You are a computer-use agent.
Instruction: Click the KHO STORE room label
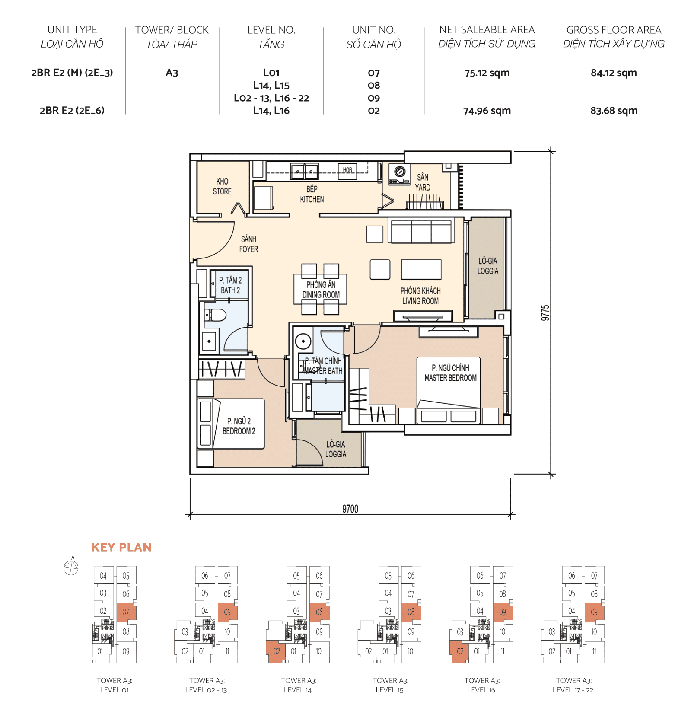[222, 186]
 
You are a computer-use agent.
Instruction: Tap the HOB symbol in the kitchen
[347, 170]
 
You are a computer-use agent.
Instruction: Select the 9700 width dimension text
[350, 509]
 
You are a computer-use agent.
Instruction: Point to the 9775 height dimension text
[545, 312]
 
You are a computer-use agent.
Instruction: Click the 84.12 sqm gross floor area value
[613, 73]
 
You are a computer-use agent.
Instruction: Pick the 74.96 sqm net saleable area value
[487, 111]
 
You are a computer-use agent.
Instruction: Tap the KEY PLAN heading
[121, 547]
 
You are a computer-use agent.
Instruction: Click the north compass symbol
[71, 567]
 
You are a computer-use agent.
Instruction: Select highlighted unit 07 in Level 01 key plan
[126, 612]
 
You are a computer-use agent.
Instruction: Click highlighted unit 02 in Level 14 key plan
[277, 651]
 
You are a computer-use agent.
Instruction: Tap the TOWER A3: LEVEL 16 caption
[481, 685]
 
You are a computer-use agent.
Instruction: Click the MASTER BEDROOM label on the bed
[450, 373]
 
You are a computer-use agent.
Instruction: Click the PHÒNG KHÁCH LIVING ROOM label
[420, 296]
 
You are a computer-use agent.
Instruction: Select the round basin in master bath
[303, 341]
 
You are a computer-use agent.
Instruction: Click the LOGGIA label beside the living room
[487, 266]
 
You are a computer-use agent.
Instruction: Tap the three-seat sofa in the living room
[421, 231]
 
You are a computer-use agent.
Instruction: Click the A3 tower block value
[172, 73]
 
